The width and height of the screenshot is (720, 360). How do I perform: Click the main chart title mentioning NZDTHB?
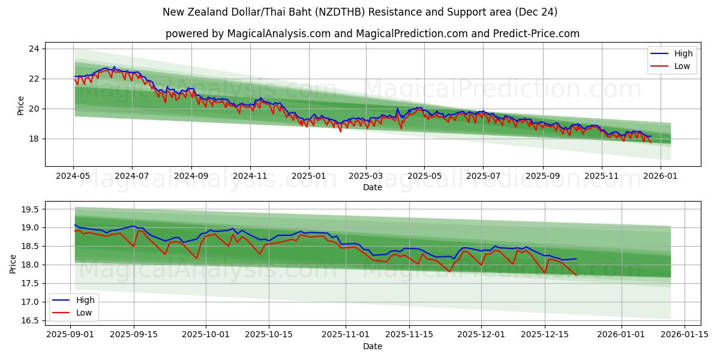[x=360, y=12]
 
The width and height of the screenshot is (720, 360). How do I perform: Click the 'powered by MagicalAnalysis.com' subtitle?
[x=372, y=34]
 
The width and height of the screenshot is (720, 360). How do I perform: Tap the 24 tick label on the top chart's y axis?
[x=34, y=49]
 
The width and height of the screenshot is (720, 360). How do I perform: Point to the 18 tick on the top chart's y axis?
[x=34, y=139]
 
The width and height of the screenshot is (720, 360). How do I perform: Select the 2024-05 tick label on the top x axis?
[x=73, y=176]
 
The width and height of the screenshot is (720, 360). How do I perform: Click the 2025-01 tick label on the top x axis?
[x=309, y=176]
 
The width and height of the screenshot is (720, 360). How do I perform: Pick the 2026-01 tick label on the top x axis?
[x=661, y=176]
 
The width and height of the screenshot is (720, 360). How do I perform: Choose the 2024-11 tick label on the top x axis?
[x=250, y=176]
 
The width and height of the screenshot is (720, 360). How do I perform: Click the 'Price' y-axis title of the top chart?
[x=20, y=105]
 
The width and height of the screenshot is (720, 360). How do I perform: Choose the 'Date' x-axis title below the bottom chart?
[x=373, y=346]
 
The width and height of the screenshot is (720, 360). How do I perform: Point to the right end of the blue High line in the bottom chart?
[x=576, y=259]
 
